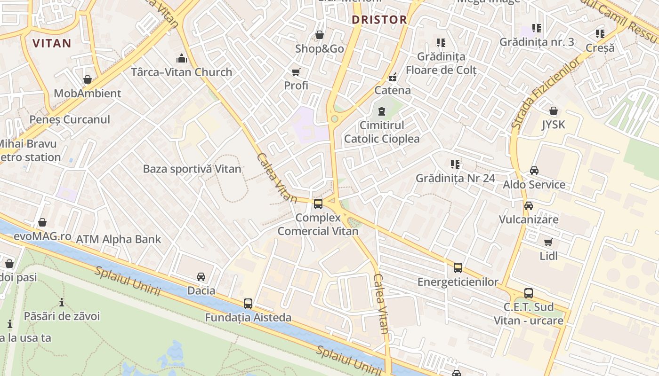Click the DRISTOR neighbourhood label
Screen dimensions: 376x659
click(379, 20)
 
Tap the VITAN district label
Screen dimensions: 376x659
click(52, 43)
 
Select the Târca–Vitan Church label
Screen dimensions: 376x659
click(181, 72)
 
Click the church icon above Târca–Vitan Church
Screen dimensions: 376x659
click(181, 59)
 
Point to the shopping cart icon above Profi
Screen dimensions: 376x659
click(296, 72)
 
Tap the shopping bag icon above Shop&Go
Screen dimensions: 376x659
click(319, 35)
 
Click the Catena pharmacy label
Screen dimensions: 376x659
click(393, 90)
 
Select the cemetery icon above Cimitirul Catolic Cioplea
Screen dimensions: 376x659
click(381, 112)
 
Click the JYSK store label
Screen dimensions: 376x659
click(554, 125)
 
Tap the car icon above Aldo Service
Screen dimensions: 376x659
click(534, 171)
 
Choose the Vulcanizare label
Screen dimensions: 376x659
click(529, 219)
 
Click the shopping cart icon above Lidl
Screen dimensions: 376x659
click(548, 243)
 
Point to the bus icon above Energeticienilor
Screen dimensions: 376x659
click(458, 268)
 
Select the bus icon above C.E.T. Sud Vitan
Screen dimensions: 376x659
click(529, 293)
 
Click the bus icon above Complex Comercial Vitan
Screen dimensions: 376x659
click(318, 204)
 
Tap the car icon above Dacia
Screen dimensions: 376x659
click(201, 277)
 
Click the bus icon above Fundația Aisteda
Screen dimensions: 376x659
click(248, 304)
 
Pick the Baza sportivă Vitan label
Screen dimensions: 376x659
click(192, 169)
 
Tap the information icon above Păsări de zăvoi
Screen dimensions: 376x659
click(62, 302)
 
